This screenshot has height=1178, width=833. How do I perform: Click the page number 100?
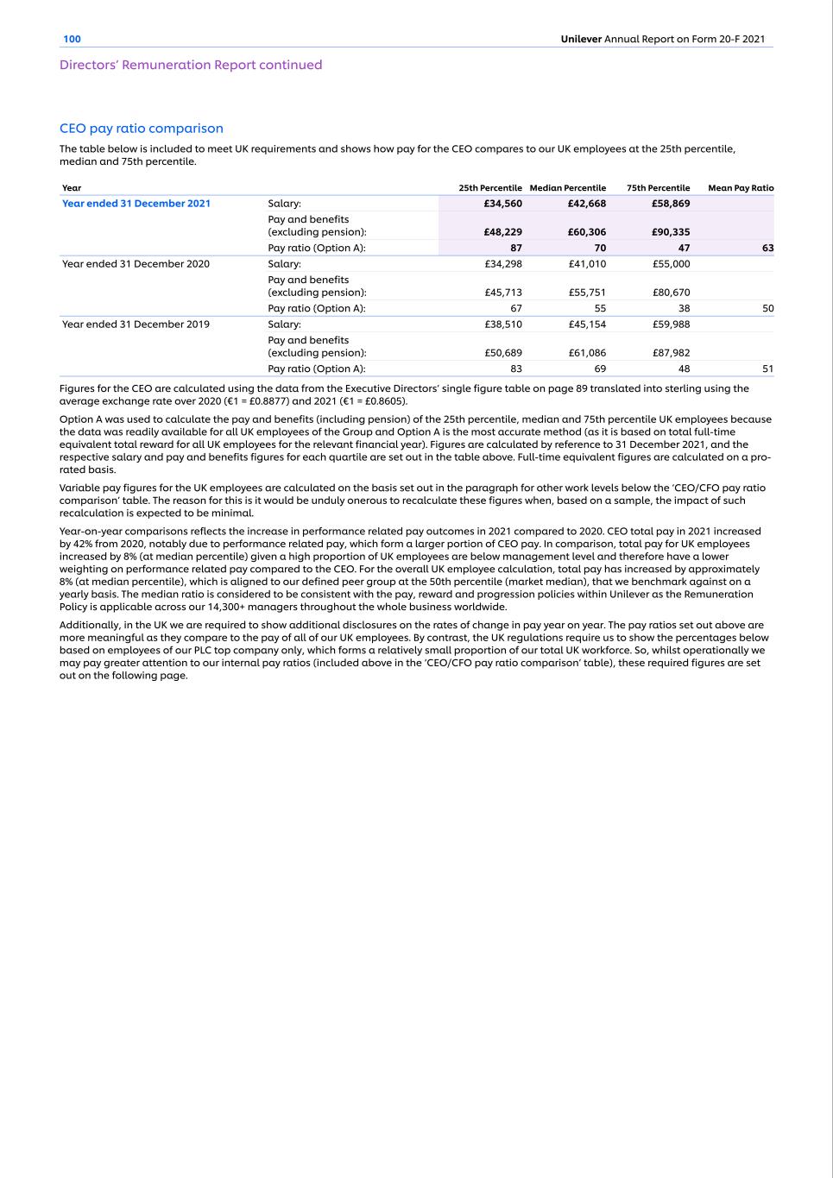pyautogui.click(x=72, y=39)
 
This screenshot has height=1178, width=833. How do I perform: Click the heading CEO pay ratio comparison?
pyautogui.click(x=141, y=129)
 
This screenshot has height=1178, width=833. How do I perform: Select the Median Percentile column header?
pyautogui.click(x=567, y=188)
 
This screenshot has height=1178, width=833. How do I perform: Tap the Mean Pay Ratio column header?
pyautogui.click(x=740, y=188)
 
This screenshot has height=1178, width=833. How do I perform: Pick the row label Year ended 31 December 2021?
pyautogui.click(x=136, y=204)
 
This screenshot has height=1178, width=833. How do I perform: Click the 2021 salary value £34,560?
pyautogui.click(x=502, y=204)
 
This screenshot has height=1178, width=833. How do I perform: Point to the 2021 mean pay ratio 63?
pyautogui.click(x=767, y=248)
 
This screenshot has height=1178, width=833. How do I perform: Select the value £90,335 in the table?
pyautogui.click(x=671, y=232)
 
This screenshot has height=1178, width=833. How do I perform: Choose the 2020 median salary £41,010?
pyautogui.click(x=587, y=264)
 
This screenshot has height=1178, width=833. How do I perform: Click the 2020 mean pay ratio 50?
pyautogui.click(x=767, y=308)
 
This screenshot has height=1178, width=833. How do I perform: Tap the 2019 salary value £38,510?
pyautogui.click(x=503, y=324)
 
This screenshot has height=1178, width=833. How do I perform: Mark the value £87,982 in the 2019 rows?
pyautogui.click(x=671, y=353)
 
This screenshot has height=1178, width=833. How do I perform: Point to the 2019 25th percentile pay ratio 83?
pyautogui.click(x=515, y=369)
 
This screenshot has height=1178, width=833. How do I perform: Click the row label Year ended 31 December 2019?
pyautogui.click(x=136, y=324)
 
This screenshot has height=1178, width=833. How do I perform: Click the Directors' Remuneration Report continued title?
pyautogui.click(x=191, y=65)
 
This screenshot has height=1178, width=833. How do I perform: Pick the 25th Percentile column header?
pyautogui.click(x=489, y=188)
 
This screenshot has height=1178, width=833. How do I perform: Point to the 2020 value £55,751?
pyautogui.click(x=587, y=293)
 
